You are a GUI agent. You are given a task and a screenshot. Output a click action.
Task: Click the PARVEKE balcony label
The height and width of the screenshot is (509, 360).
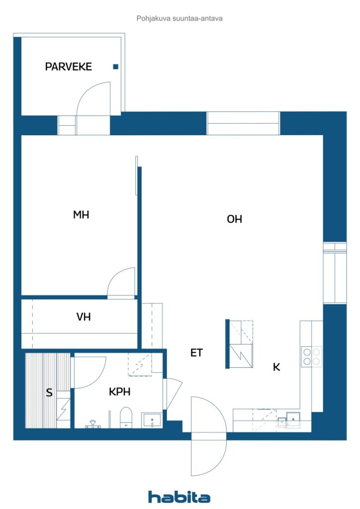coord(69,67)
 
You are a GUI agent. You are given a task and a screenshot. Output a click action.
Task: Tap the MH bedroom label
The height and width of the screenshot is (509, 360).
coord(81,215)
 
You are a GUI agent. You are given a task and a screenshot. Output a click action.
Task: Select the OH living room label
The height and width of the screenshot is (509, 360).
coord(234,219)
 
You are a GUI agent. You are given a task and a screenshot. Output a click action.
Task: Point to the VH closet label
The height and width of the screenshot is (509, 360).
coord(84,317)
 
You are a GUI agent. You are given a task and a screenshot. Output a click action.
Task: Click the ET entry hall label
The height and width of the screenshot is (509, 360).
coord(197,353)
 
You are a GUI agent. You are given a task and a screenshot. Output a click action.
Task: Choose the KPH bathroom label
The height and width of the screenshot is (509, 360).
coord(119,392)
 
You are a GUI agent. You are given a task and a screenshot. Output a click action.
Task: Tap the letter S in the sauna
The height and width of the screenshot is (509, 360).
coord(49,393)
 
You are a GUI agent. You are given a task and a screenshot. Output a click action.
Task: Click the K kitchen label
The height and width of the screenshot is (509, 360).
coord(276,367)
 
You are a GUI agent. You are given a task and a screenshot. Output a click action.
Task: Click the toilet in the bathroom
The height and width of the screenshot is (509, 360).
coord(126,417)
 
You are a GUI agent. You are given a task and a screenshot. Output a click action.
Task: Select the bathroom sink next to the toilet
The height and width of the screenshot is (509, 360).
coord(151,420)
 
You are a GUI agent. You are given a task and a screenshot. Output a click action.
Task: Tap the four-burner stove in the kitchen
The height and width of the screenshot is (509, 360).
coord(312,356)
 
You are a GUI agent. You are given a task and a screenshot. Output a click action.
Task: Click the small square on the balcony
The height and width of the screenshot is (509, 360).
coord(115,67)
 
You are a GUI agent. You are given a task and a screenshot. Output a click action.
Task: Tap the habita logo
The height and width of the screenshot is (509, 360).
coord(179,497)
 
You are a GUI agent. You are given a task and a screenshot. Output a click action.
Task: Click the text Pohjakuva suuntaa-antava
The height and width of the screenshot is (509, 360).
coord(180,18)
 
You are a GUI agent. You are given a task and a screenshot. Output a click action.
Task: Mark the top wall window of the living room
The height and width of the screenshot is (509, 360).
coord(243,123)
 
